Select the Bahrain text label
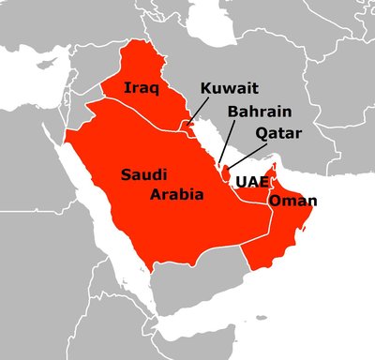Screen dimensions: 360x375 [x=252, y=112]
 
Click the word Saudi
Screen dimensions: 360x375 [x=145, y=174]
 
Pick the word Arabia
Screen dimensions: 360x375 [x=177, y=195]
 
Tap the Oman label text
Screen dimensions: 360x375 [x=292, y=202]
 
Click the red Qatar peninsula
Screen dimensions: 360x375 [x=228, y=172]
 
